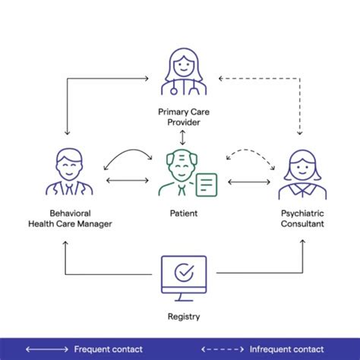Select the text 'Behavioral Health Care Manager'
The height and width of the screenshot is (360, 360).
click(69, 219)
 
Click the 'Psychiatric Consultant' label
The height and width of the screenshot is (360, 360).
click(302, 219)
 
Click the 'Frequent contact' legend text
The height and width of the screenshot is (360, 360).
click(107, 349)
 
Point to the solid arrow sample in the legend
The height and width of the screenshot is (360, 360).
click(46, 349)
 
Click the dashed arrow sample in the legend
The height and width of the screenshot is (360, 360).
click(222, 349)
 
